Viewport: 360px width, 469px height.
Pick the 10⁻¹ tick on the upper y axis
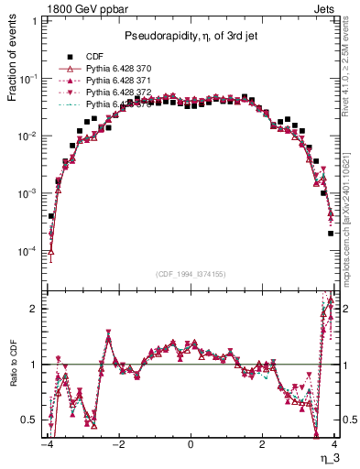pos(28,79)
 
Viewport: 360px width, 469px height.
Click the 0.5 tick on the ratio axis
pos(31,420)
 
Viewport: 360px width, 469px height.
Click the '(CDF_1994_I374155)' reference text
pos(191,273)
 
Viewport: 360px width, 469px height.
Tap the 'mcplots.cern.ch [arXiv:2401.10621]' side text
pos(352,211)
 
